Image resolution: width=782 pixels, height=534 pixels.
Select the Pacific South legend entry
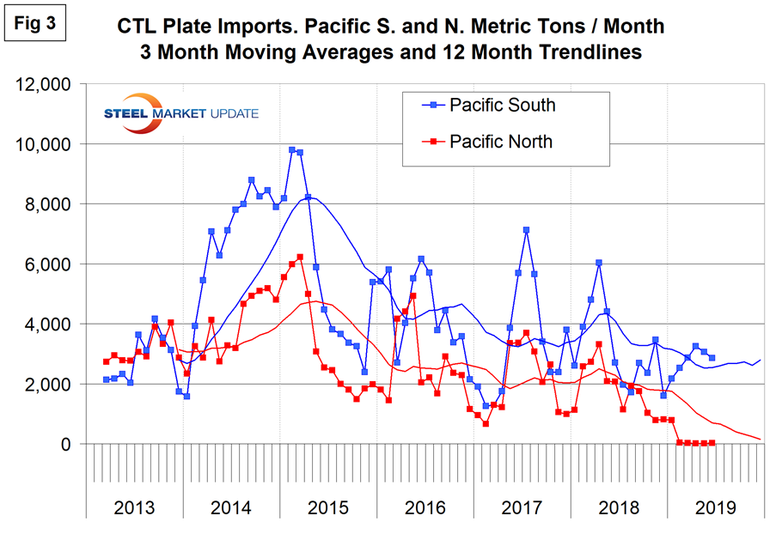(502, 106)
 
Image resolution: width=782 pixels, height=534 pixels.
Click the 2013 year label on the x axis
(136, 507)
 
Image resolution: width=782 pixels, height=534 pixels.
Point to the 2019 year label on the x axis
(713, 507)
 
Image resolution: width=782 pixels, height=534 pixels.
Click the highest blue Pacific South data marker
(292, 150)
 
